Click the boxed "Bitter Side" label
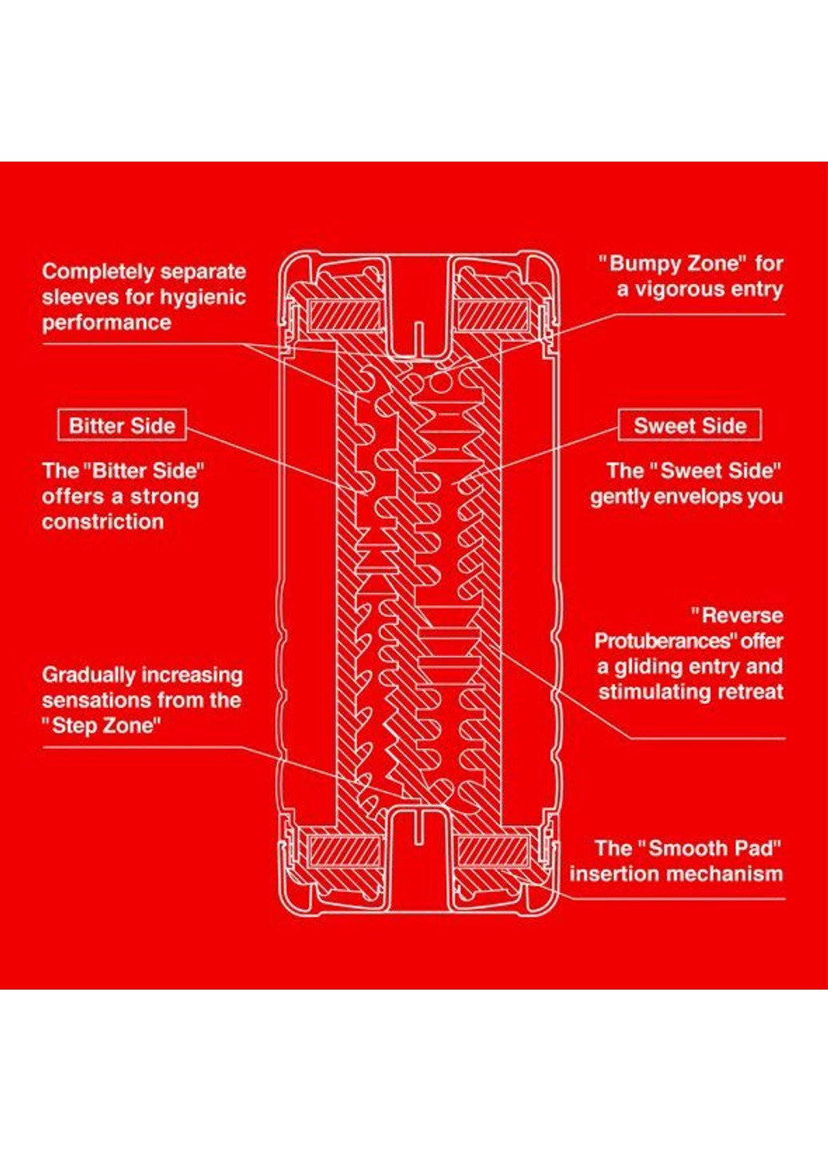(x=122, y=426)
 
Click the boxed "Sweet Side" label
(x=690, y=426)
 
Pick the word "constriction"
(x=102, y=522)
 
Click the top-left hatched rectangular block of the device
(x=346, y=316)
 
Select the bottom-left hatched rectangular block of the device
(x=346, y=850)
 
